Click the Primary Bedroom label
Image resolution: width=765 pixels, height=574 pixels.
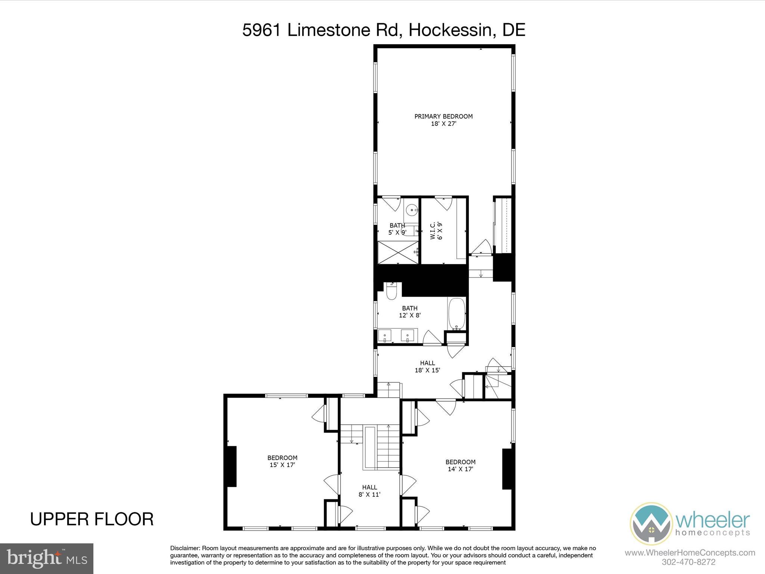[443, 120]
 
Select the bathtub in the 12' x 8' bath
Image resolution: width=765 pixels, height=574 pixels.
[456, 314]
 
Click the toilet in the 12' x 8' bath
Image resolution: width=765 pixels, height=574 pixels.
[391, 291]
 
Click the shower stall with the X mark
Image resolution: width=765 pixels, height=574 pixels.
[398, 252]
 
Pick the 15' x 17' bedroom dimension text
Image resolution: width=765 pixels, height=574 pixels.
[282, 465]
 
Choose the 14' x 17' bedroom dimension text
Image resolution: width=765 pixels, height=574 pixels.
[461, 469]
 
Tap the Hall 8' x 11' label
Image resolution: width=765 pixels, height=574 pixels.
[369, 491]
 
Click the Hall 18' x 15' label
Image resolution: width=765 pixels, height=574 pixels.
[427, 367]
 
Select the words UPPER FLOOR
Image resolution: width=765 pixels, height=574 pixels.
[92, 519]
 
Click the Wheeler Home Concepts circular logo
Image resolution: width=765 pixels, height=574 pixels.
[651, 524]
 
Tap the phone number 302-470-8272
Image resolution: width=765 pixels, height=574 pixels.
[688, 562]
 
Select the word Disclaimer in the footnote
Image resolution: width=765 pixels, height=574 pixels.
[185, 548]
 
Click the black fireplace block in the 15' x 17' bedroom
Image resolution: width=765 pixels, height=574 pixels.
[232, 466]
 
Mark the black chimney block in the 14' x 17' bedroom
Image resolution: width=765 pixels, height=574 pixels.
[507, 469]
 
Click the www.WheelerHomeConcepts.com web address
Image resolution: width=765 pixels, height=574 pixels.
[690, 552]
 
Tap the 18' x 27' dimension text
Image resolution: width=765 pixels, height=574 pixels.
[444, 124]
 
